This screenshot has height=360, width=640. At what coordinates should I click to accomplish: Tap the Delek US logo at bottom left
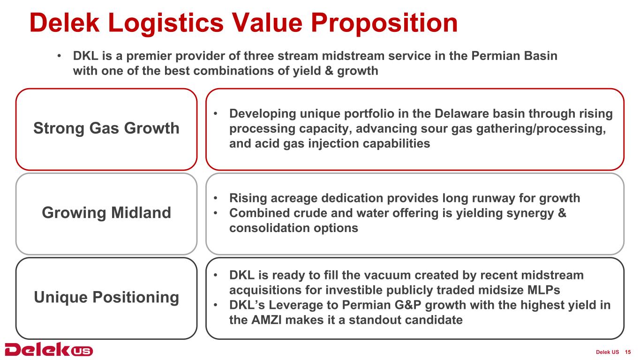pyautogui.click(x=49, y=349)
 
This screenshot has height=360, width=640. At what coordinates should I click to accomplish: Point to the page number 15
pyautogui.click(x=628, y=352)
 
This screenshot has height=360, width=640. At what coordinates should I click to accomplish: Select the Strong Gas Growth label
pyautogui.click(x=106, y=128)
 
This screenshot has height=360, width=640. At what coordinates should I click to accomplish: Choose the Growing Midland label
pyautogui.click(x=106, y=213)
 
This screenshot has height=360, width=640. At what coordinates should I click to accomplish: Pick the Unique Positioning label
pyautogui.click(x=106, y=298)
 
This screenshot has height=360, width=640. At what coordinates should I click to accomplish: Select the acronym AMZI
pyautogui.click(x=266, y=320)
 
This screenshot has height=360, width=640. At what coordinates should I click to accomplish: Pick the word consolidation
pyautogui.click(x=269, y=228)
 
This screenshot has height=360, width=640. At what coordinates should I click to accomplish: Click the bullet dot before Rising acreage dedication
pyautogui.click(x=215, y=198)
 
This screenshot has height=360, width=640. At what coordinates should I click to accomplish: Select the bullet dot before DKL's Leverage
pyautogui.click(x=215, y=305)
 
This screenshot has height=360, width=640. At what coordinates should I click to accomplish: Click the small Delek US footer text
pyautogui.click(x=608, y=352)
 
